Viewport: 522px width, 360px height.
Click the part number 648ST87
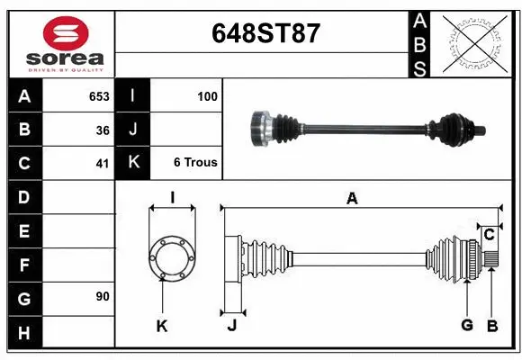265,33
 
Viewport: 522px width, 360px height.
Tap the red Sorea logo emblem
66,33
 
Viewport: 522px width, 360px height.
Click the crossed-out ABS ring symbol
475,44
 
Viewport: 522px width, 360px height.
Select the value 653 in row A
99,96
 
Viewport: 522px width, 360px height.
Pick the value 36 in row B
103,130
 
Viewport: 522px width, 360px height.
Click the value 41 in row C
103,164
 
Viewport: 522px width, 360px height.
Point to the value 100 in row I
207,96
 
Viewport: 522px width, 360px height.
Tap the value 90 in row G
103,296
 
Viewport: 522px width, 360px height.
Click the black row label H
25,332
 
